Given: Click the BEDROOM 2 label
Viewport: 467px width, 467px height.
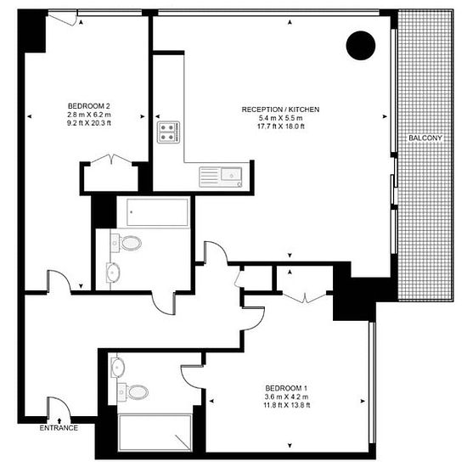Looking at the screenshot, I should [x=89, y=105].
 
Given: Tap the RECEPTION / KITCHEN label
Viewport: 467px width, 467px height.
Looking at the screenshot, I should [x=280, y=110].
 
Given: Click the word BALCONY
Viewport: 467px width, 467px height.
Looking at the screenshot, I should [x=424, y=138].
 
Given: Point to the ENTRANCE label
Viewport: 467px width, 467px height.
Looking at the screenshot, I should [x=59, y=427].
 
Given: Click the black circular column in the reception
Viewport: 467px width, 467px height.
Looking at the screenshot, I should [x=360, y=45].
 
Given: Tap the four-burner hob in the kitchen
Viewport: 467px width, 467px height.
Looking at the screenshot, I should [x=167, y=132].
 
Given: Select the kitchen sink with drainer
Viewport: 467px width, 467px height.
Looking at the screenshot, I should [x=221, y=176].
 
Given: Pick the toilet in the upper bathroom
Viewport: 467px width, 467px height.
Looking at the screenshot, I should [x=128, y=244].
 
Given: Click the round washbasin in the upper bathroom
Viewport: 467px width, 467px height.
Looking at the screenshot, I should [x=113, y=273].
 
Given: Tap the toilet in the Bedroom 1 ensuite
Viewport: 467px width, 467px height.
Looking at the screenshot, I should [x=133, y=392].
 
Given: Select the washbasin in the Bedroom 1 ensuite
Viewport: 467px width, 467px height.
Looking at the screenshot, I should [x=117, y=368].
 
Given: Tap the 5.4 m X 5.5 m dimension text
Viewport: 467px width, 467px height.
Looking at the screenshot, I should [x=280, y=118].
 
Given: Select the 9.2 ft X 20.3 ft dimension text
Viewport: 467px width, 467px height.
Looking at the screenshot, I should [x=89, y=122].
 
